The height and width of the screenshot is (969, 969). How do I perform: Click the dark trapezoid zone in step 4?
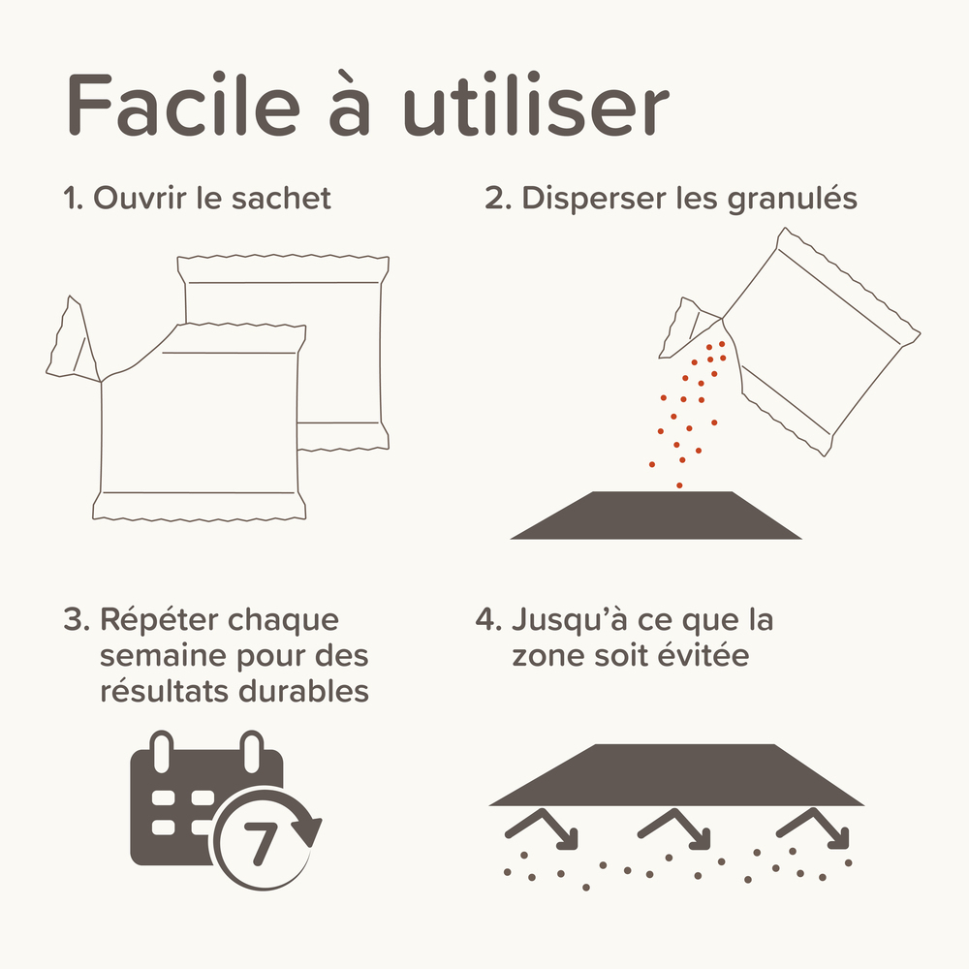[675, 775]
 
